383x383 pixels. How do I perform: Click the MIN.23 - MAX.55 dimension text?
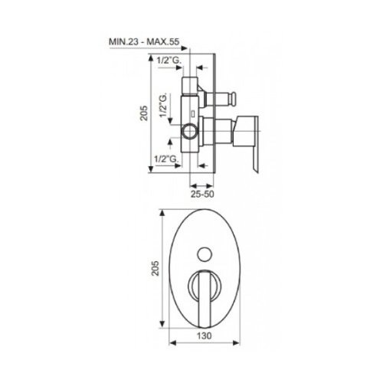click(x=144, y=41)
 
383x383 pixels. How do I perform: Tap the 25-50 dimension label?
click(x=202, y=194)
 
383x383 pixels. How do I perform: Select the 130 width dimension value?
click(x=205, y=336)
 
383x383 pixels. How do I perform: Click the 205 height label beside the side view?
click(x=144, y=113)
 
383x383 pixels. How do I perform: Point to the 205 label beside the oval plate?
click(x=155, y=268)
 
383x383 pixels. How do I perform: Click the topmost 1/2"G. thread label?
click(x=169, y=61)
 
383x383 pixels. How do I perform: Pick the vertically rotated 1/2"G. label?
click(x=163, y=105)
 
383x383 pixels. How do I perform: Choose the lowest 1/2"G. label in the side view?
click(x=166, y=159)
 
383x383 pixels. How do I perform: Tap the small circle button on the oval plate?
click(x=205, y=254)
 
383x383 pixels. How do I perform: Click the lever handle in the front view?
click(x=205, y=299)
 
